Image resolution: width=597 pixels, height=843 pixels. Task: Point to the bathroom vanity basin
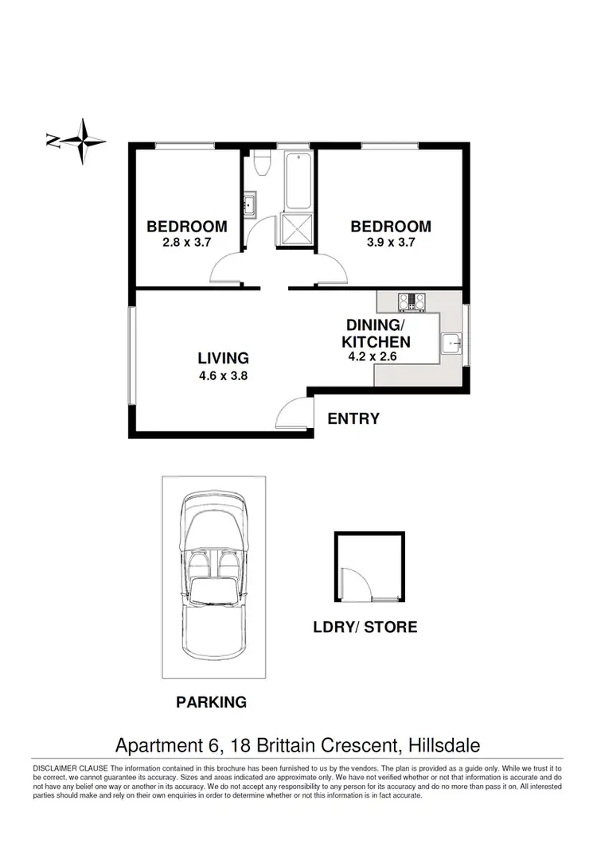click(x=249, y=205)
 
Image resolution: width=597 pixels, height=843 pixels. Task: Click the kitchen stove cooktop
click(x=414, y=301)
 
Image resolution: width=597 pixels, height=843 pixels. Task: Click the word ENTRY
click(x=353, y=418)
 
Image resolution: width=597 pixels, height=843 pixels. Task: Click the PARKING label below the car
click(x=211, y=702)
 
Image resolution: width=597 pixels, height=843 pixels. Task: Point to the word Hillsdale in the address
click(x=445, y=745)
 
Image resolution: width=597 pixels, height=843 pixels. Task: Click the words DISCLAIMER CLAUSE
click(x=69, y=767)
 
